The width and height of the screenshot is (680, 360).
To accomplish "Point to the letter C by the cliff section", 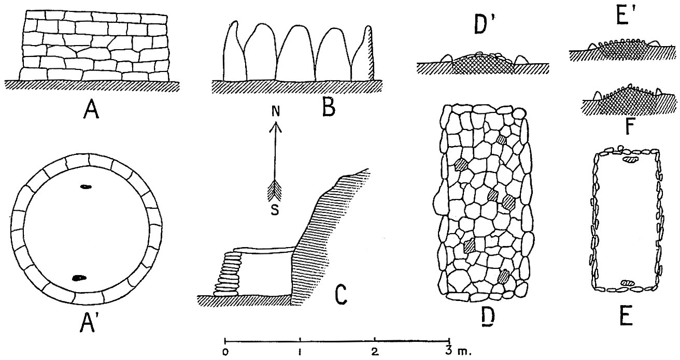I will (x=340, y=294).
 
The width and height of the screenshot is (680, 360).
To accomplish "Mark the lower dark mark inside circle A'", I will (x=79, y=278).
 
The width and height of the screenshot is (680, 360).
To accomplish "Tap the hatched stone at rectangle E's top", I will (x=630, y=160).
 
